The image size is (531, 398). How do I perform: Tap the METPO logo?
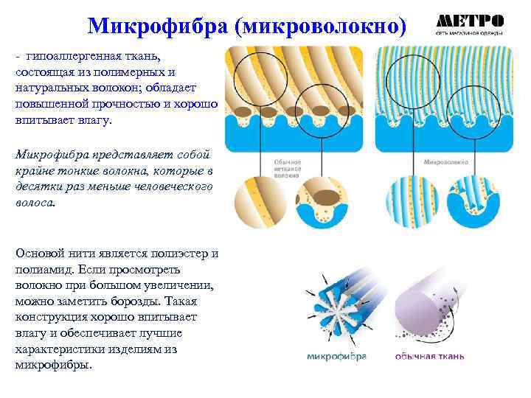pyautogui.click(x=470, y=21)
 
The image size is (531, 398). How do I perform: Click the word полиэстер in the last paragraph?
pyautogui.click(x=177, y=254)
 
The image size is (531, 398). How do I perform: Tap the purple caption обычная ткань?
pyautogui.click(x=429, y=357)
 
